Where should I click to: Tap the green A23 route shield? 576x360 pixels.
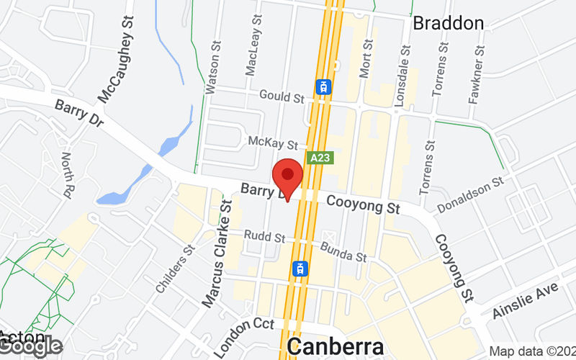coord(320,158)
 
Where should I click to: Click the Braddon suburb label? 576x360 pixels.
coord(448,23)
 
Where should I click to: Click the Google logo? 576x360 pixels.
coord(30,346)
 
